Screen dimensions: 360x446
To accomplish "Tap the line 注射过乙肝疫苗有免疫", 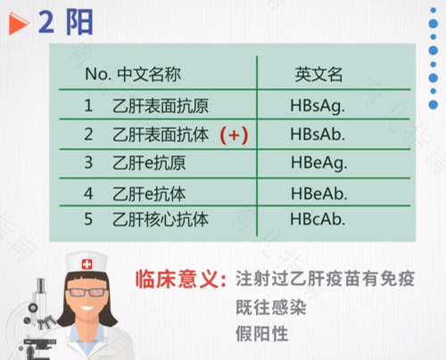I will tap(325, 280).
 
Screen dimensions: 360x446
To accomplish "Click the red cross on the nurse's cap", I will tap(87, 264).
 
